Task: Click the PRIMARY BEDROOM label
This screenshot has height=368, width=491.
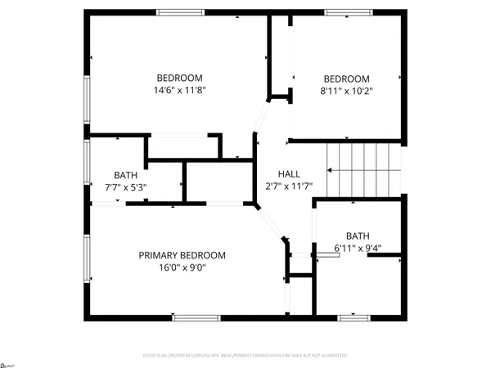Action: click(182, 255)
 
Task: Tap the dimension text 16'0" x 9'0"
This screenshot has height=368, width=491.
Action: click(182, 267)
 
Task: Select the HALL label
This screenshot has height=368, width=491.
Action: click(289, 174)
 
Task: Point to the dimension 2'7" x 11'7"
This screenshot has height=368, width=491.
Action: click(289, 187)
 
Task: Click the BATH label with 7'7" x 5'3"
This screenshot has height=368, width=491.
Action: click(125, 175)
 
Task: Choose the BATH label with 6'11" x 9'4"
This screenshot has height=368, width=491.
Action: click(358, 235)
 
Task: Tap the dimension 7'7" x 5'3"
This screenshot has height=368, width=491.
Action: click(125, 187)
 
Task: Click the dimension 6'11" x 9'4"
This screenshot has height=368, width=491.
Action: click(358, 248)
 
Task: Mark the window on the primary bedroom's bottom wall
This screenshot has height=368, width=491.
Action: click(196, 317)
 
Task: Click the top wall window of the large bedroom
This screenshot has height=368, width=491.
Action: click(181, 11)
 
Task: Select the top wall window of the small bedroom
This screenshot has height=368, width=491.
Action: click(349, 11)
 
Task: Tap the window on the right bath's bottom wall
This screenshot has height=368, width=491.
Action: click(358, 317)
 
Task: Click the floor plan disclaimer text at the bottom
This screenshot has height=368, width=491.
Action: click(245, 356)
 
